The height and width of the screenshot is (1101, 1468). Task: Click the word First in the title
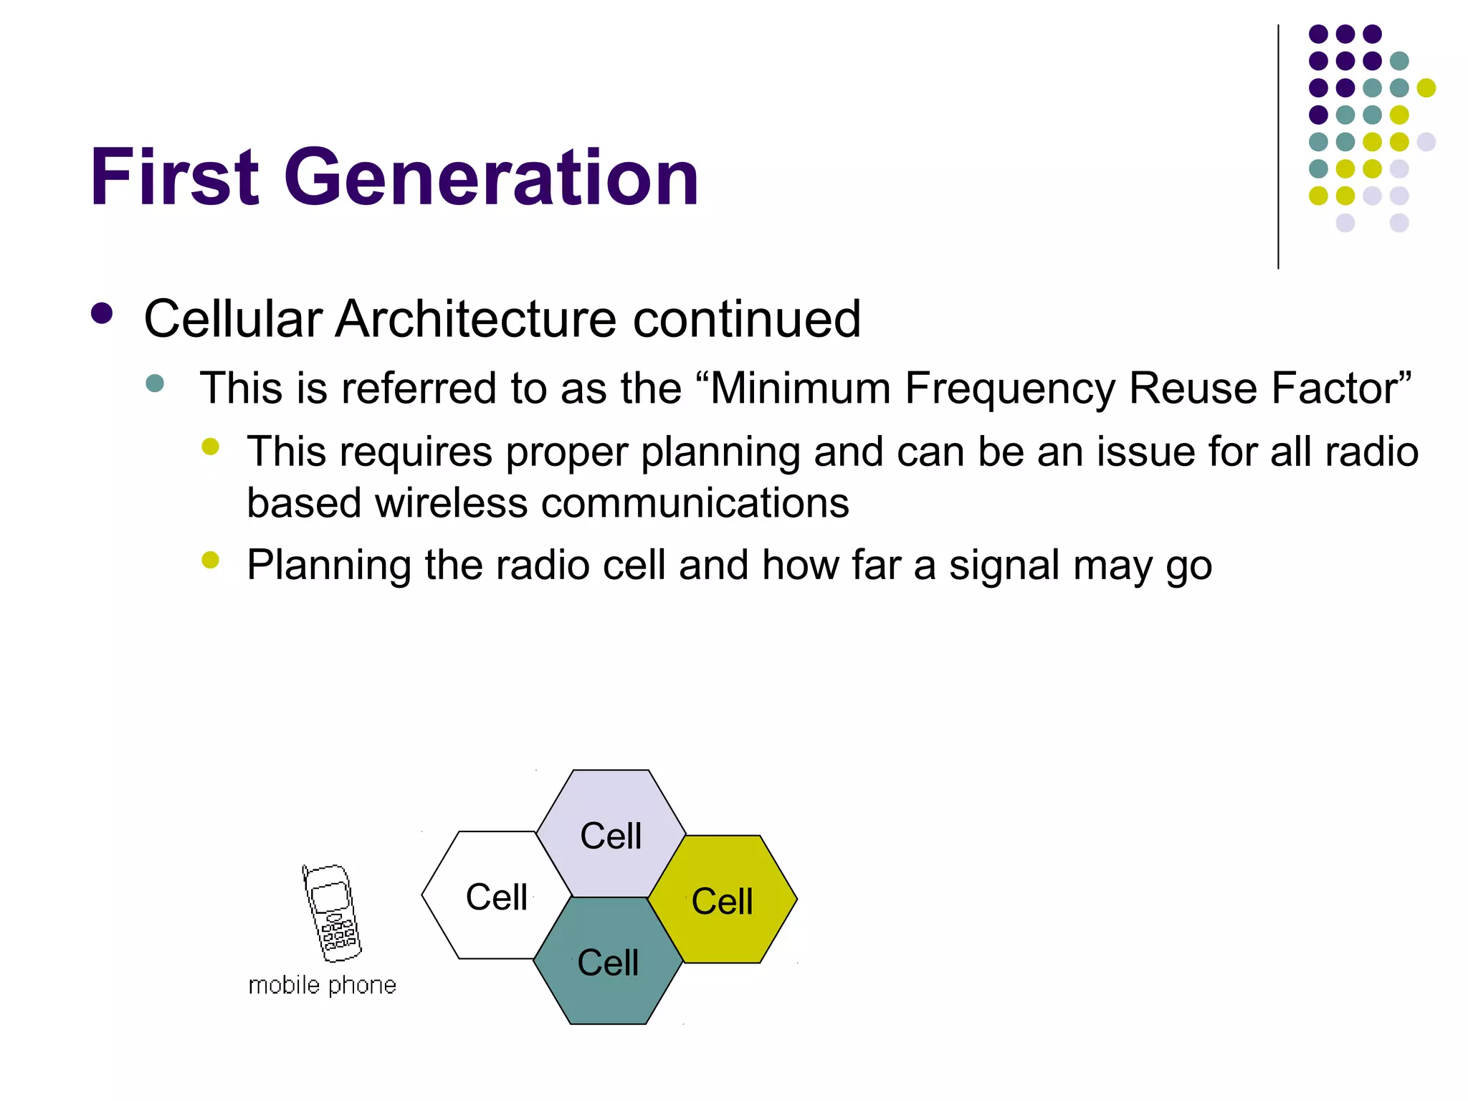[173, 177]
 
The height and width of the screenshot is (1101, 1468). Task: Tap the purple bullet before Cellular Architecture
[103, 314]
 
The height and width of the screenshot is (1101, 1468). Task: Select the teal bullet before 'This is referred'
[155, 383]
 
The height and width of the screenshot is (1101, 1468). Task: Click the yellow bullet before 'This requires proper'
[210, 447]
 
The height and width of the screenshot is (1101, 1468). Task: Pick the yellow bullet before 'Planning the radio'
[210, 560]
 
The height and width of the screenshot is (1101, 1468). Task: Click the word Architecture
[475, 319]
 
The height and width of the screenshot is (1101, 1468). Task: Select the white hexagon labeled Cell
[487, 896]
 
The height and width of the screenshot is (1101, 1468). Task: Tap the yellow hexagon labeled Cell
[723, 902]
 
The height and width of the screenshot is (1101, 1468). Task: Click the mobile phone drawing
[332, 913]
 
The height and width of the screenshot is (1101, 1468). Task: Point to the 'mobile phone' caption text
[322, 986]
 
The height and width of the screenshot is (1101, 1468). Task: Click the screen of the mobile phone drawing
[330, 897]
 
